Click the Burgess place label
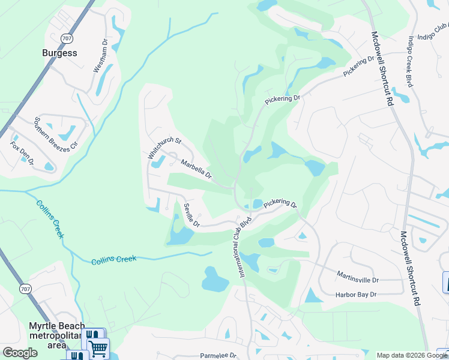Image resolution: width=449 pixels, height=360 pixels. point(59,53)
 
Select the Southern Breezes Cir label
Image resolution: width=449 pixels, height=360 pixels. point(56,133)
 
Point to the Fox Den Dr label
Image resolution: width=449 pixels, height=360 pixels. point(23,154)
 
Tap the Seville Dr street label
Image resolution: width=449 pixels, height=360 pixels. point(191,215)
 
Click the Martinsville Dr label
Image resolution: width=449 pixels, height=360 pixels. point(358,280)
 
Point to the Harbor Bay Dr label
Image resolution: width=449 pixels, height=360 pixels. point(356,294)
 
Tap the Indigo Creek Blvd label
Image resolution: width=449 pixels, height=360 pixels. point(411,62)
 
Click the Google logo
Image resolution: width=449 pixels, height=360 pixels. point(20,353)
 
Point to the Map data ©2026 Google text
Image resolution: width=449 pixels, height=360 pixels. point(411,355)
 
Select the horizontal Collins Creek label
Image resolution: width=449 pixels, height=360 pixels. point(114,259)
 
